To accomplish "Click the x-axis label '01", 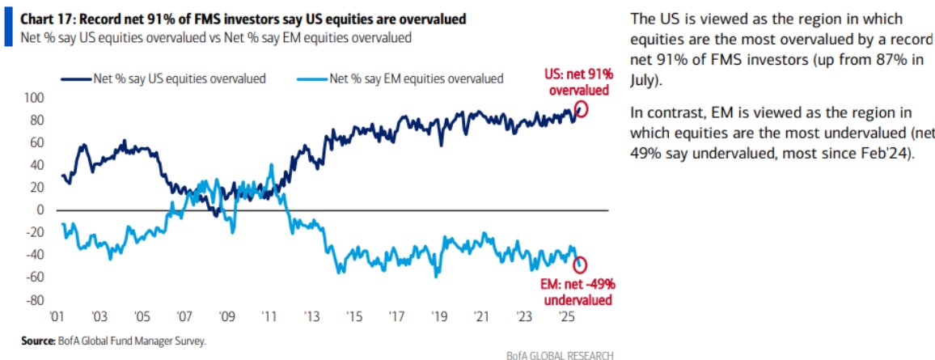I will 57,316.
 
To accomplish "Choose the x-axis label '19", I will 438,316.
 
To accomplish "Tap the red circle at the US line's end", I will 580,110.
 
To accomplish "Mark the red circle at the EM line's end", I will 581,265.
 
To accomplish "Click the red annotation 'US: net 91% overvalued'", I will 577,83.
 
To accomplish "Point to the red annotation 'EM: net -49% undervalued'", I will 577,292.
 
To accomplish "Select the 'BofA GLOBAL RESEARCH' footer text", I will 558,354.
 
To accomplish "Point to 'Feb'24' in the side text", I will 886,155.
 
